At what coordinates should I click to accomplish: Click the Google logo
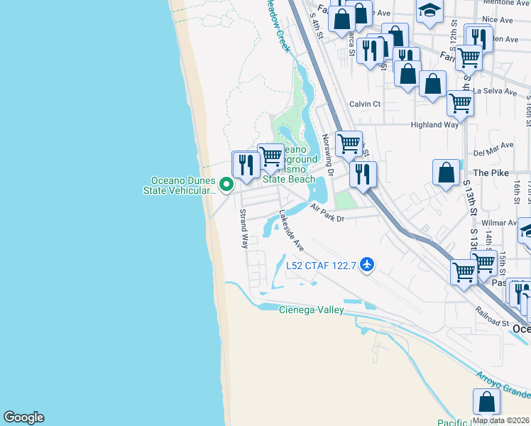[x=23, y=417]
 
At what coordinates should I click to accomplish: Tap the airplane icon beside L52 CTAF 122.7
[x=367, y=265]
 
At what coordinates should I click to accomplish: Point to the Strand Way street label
[x=243, y=228]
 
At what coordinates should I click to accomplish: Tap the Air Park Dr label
[x=327, y=213]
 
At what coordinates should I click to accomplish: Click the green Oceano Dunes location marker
[x=226, y=185]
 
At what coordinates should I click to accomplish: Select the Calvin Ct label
[x=365, y=104]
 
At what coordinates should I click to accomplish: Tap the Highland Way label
[x=434, y=125]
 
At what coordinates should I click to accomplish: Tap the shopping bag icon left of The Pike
[x=446, y=173]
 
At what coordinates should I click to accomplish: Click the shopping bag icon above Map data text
[x=487, y=402]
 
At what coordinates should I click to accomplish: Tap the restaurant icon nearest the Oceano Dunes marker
[x=246, y=164]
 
